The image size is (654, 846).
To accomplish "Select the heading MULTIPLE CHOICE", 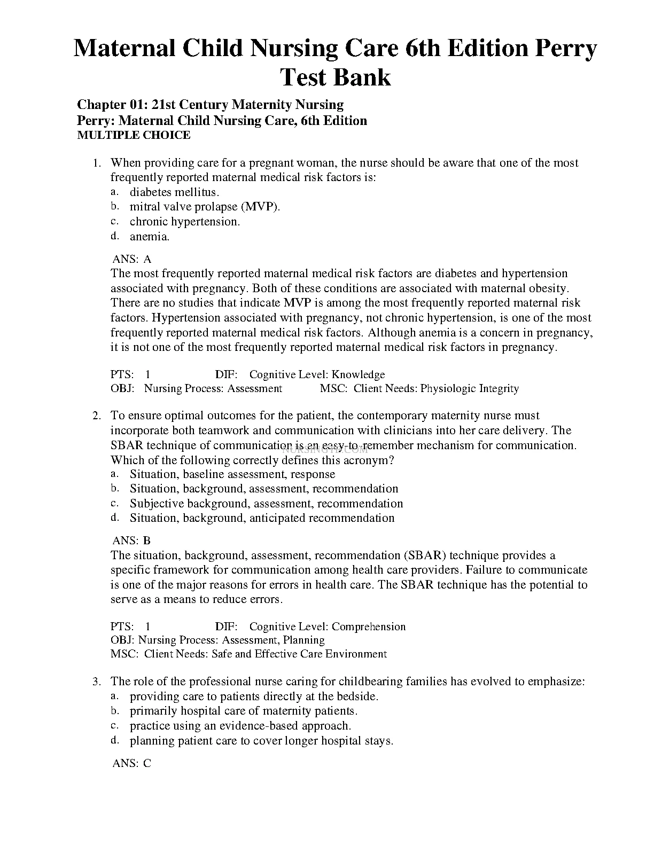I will (134, 135).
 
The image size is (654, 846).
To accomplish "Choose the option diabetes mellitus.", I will (174, 192).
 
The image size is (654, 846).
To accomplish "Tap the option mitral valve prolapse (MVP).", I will (205, 207).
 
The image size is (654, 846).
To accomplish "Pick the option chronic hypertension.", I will (185, 222).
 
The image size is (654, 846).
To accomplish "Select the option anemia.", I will (150, 237).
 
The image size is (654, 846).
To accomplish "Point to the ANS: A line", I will (132, 260).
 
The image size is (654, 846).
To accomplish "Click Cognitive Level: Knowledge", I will (317, 375).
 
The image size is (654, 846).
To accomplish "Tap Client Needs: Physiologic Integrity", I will (436, 389).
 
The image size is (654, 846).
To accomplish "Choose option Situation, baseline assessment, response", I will (232, 474).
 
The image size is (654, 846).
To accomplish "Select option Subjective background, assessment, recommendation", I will (266, 504).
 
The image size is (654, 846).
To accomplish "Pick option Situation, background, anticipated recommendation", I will (262, 518).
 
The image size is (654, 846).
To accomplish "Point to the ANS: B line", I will (132, 540).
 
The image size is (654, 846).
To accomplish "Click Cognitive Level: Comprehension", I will (328, 627).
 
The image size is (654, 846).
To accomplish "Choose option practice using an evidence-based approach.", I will (240, 726).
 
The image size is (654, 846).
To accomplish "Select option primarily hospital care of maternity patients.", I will (244, 711).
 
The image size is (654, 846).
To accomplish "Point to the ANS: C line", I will (132, 764).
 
